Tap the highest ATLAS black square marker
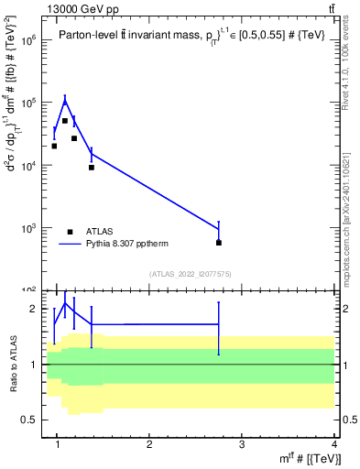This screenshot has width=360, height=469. tap(65, 121)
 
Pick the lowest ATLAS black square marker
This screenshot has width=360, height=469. tap(219, 243)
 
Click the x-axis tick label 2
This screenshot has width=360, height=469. tap(149, 446)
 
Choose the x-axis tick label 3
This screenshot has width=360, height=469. tap(242, 446)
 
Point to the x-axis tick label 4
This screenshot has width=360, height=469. tap(334, 446)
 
